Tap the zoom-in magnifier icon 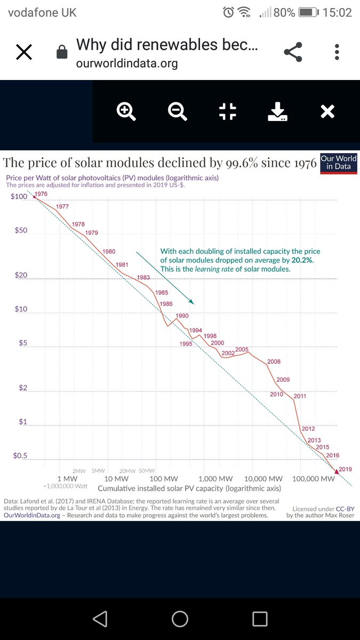pyautogui.click(x=126, y=111)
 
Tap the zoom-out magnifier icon pyautogui.click(x=177, y=111)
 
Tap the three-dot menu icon pyautogui.click(x=337, y=52)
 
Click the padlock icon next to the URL pyautogui.click(x=62, y=52)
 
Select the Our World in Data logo pyautogui.click(x=339, y=163)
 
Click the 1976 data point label pyautogui.click(x=42, y=195)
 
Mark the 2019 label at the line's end pyautogui.click(x=345, y=469)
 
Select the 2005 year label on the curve pyautogui.click(x=242, y=349)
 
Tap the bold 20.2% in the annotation pyautogui.click(x=301, y=260)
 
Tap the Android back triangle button pyautogui.click(x=100, y=619)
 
